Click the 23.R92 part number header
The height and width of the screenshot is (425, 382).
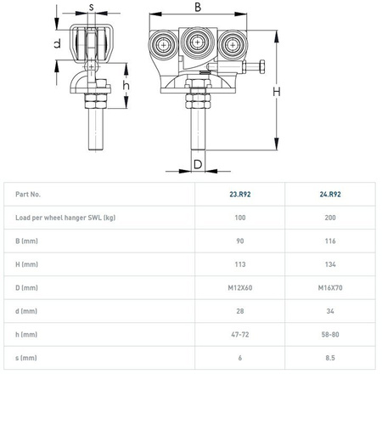coord(240,195)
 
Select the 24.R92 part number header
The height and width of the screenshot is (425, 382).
coord(330,195)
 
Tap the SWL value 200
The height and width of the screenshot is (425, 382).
coord(330,218)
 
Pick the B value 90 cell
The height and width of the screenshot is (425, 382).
coord(240,241)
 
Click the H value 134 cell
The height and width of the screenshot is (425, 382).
coord(330,264)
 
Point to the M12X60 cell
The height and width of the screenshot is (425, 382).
coord(240,288)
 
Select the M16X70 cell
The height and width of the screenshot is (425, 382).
coord(330,288)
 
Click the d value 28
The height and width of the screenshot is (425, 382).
coord(240,311)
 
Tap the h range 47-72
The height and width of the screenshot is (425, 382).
coord(240,335)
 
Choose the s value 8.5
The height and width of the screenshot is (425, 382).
coord(330,358)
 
